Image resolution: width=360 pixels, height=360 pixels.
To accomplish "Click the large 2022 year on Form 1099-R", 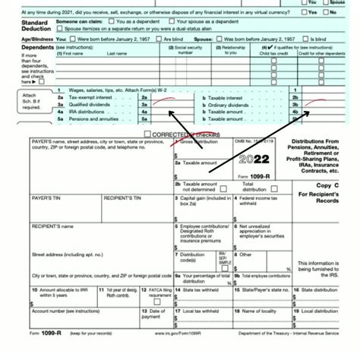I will pos(254,161).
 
